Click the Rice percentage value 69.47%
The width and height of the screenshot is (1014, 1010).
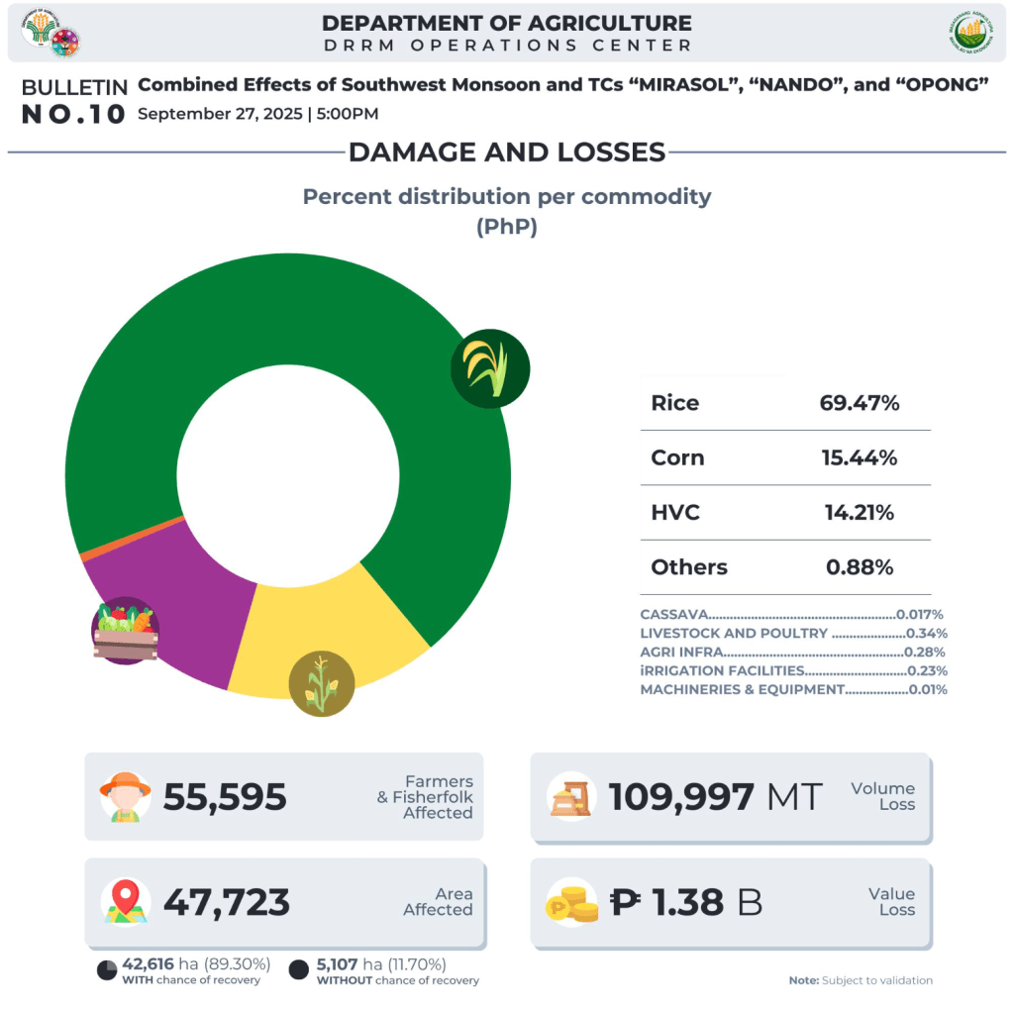pyautogui.click(x=859, y=403)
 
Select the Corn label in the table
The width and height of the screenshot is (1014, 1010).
pyautogui.click(x=677, y=457)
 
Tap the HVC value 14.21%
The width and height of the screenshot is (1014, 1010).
pyautogui.click(x=859, y=513)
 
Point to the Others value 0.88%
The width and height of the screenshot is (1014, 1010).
pyautogui.click(x=859, y=567)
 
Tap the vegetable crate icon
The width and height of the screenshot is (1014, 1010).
pyautogui.click(x=125, y=631)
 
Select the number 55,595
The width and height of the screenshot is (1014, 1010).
pyautogui.click(x=225, y=797)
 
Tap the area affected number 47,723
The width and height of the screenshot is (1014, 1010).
pyautogui.click(x=227, y=902)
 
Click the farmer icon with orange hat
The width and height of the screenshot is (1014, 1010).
pyautogui.click(x=126, y=797)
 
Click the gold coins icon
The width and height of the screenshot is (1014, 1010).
pyautogui.click(x=571, y=902)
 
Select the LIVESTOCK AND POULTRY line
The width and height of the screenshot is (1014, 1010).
pyautogui.click(x=793, y=634)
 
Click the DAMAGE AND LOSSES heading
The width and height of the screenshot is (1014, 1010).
pyautogui.click(x=506, y=151)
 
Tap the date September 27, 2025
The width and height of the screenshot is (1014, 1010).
pyautogui.click(x=220, y=113)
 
